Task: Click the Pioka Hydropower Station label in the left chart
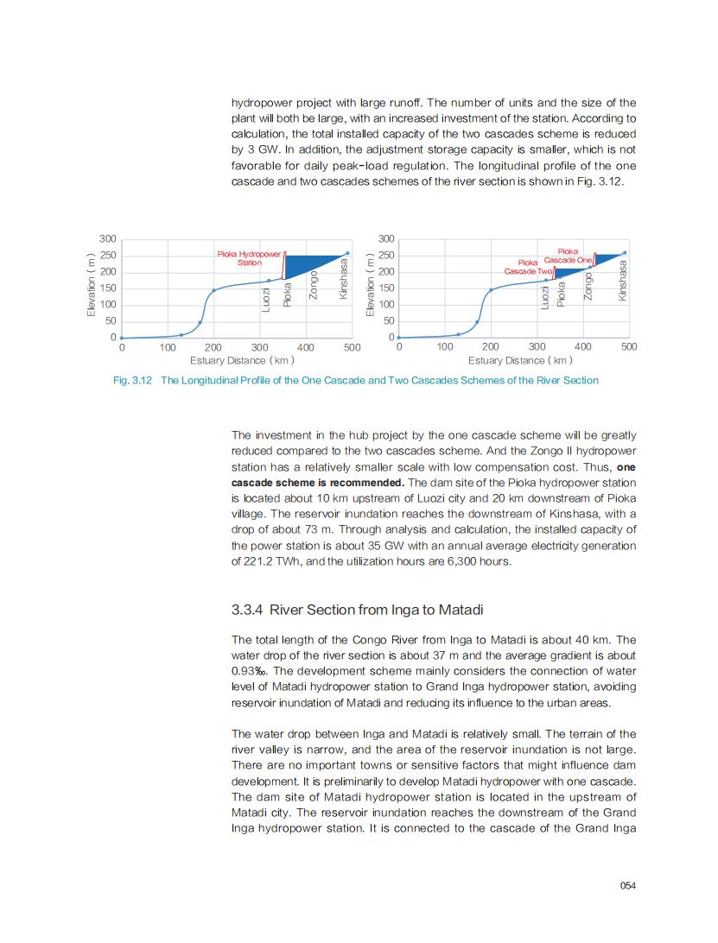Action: tap(249, 258)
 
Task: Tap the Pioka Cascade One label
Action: tap(569, 256)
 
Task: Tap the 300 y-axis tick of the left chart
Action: tap(108, 238)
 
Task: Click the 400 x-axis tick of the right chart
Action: tap(582, 346)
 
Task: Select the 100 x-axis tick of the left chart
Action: tap(168, 346)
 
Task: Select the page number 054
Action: tap(628, 885)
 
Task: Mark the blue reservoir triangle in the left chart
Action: tap(315, 263)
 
